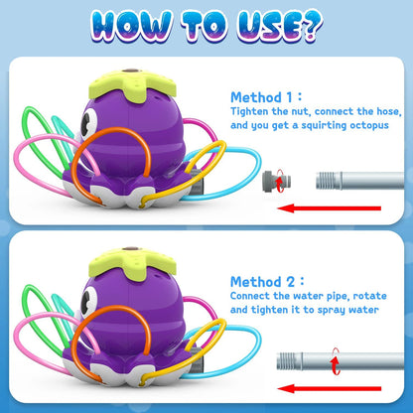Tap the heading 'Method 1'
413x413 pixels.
point(261,97)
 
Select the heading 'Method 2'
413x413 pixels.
point(262,282)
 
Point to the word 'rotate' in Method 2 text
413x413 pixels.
point(370,296)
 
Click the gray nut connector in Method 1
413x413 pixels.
point(277,181)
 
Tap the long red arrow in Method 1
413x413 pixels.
point(329,208)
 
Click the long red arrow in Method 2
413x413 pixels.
point(329,388)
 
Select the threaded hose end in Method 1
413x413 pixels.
point(329,181)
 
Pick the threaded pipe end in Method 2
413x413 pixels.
point(290,361)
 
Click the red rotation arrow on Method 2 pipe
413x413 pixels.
point(336,362)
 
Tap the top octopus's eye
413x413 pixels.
point(88,122)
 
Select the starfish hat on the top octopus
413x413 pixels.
point(132,85)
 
